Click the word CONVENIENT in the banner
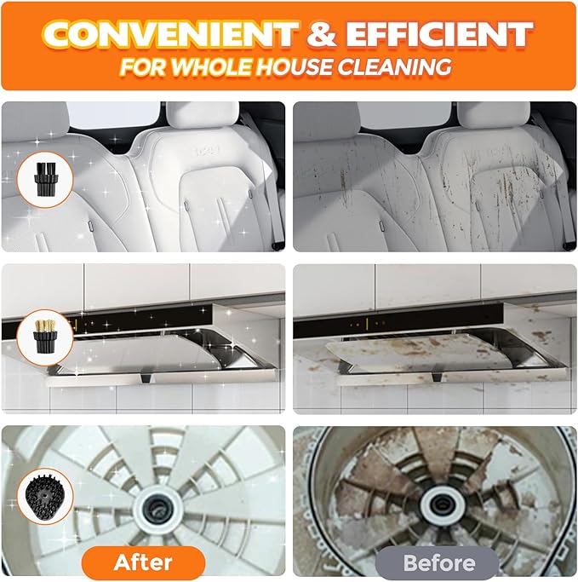coord(171,33)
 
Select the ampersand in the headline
coord(322,33)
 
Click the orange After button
coord(143,562)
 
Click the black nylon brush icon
coord(45,179)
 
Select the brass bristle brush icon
coord(45,337)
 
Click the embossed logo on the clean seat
coord(207,150)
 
